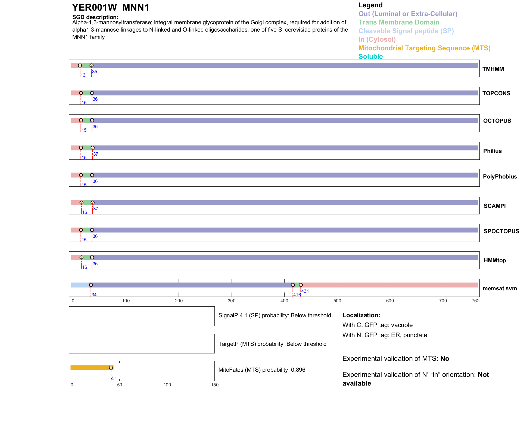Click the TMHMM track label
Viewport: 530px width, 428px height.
(493, 69)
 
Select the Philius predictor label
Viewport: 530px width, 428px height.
(492, 151)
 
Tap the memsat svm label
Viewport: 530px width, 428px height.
(500, 288)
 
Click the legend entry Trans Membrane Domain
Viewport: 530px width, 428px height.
(399, 22)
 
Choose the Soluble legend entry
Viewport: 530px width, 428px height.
(370, 57)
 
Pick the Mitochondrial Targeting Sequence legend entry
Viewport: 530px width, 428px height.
(424, 48)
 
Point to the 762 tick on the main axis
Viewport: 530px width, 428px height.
(476, 301)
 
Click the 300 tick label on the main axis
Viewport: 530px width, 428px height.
(232, 301)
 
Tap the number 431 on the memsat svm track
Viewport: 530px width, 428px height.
(305, 291)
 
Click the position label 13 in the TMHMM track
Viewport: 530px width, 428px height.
(83, 75)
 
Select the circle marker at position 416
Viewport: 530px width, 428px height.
(293, 285)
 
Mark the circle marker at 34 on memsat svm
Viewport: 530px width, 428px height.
(91, 285)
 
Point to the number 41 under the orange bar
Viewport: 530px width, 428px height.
(114, 378)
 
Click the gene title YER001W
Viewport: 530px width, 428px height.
(94, 8)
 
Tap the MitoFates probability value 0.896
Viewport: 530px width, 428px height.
(298, 370)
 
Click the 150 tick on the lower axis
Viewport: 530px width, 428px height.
(215, 385)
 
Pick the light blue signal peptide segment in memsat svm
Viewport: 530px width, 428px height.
(80, 285)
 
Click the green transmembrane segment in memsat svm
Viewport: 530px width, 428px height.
(297, 285)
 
